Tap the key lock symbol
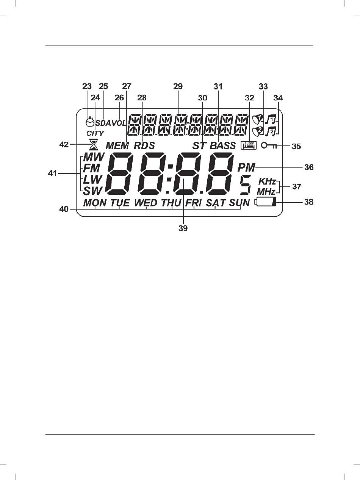coord(269,145)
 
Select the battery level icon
coord(265,202)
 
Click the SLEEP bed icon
coord(249,145)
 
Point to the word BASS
coord(223,145)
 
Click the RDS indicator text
coord(144,145)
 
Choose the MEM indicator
coord(117,145)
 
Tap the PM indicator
coord(246,168)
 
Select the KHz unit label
coord(267,181)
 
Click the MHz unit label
coord(266,192)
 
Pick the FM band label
coord(92,168)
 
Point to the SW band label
coord(93,191)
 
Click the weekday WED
coord(146,203)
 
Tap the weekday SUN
coord(239,203)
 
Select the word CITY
coord(95,133)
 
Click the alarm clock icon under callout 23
coord(90,122)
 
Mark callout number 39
coord(183,228)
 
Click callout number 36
coord(309,167)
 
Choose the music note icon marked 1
coord(271,119)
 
